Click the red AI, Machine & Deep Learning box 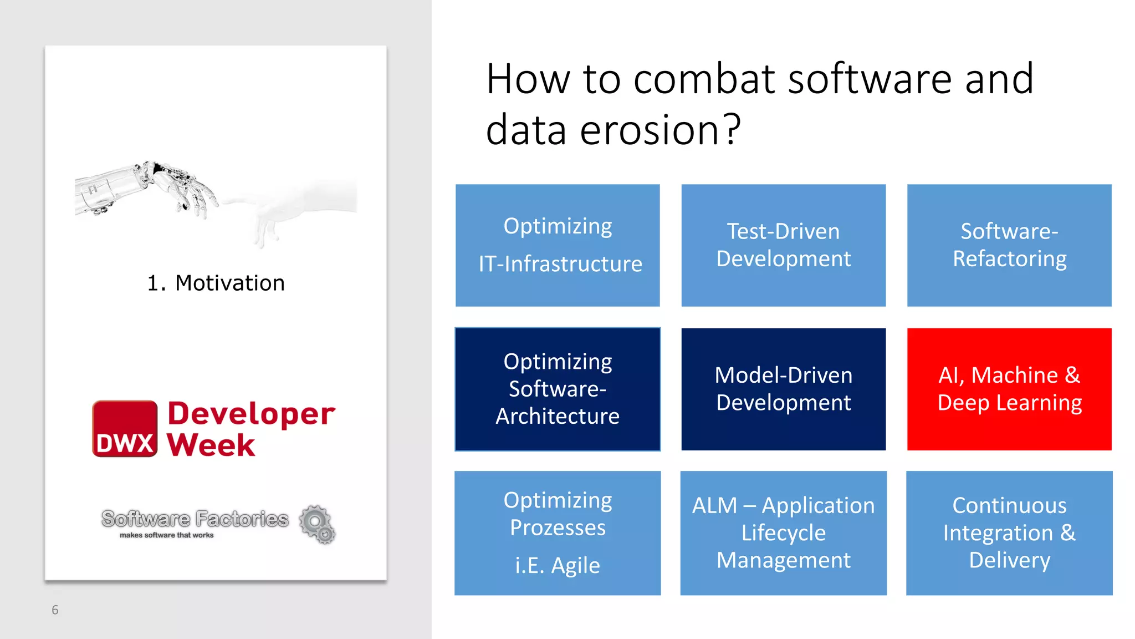click(1009, 389)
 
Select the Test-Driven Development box click(783, 245)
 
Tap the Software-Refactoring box click(1009, 245)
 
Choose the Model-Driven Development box click(783, 389)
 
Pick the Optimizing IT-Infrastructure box click(558, 245)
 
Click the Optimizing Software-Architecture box click(558, 389)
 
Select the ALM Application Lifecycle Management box click(783, 532)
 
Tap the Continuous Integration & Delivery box click(1009, 532)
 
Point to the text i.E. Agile click(558, 566)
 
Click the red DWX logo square click(125, 429)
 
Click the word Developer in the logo click(251, 413)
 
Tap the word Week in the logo click(211, 445)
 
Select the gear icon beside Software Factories click(318, 524)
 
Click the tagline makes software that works click(166, 535)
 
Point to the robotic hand click(150, 189)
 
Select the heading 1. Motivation click(216, 283)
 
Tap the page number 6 click(55, 610)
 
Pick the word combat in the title click(704, 79)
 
